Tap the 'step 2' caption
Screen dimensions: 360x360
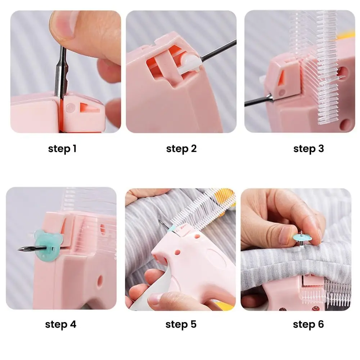click(x=181, y=149)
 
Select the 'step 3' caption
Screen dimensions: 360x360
click(x=309, y=149)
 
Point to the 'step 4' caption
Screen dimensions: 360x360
click(x=60, y=324)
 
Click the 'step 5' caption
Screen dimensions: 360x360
click(x=181, y=324)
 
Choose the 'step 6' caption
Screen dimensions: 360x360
click(x=308, y=324)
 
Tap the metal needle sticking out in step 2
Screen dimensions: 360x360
click(x=218, y=50)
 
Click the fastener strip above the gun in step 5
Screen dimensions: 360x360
click(x=202, y=209)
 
